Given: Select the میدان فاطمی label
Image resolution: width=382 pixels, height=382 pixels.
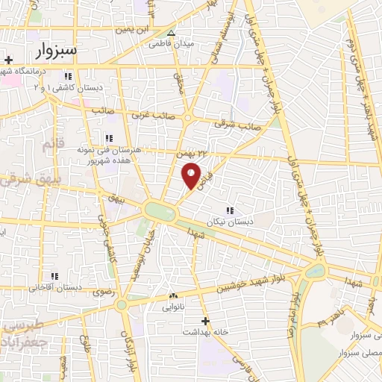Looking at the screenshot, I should [x=172, y=44].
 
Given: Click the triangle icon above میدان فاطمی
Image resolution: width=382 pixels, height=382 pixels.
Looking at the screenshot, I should [x=172, y=34].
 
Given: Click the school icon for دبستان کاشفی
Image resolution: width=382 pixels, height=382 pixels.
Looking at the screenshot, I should [x=68, y=77].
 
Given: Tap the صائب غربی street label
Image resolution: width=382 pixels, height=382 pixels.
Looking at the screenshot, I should [x=153, y=116].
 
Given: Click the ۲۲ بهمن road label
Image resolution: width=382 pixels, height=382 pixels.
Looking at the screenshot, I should [x=192, y=153].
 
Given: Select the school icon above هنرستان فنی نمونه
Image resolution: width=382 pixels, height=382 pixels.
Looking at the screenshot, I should [x=109, y=138].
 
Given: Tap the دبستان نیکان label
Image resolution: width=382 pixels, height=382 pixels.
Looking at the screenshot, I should [x=229, y=222].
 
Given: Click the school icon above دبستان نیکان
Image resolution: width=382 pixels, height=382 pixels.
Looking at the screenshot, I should [x=229, y=210].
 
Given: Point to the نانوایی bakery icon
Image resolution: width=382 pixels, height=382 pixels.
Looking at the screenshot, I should [x=173, y=295].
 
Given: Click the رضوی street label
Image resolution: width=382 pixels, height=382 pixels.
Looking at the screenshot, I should [x=102, y=292].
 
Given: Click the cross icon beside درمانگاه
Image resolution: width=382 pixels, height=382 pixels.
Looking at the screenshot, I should [x=8, y=60].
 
